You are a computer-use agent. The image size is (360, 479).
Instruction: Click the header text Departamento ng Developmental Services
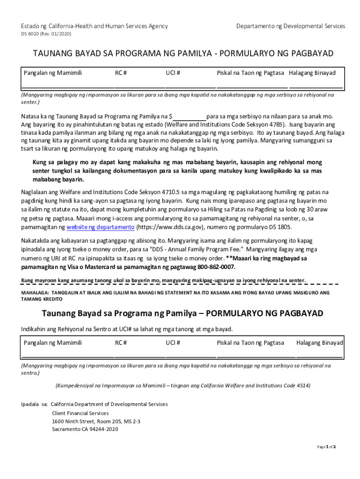pos(291,26)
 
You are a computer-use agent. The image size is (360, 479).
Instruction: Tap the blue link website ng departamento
pos(101,227)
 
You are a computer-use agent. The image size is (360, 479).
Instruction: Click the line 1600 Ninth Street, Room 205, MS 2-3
pos(96,421)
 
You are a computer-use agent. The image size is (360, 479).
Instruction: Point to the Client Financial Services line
pos(80,413)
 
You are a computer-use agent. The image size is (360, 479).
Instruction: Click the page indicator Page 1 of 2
pos(326,447)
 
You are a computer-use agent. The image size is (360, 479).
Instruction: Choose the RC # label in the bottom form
pos(121,343)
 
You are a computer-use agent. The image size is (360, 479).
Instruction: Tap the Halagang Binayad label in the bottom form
pos(319,343)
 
